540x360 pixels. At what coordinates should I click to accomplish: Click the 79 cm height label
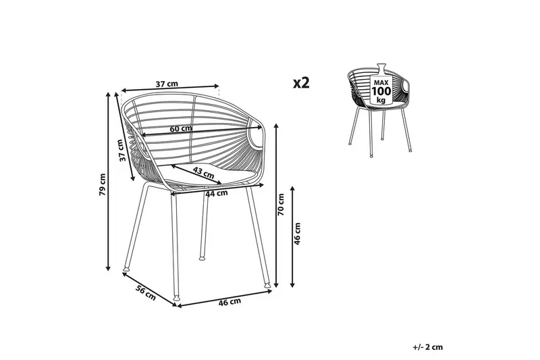coord(102,184)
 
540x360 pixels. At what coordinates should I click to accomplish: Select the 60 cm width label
coord(180,128)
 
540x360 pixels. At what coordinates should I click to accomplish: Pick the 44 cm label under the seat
coord(215,195)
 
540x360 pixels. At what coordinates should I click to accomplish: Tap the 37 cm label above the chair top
coord(167,84)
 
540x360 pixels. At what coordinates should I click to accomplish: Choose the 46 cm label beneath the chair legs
coord(231,302)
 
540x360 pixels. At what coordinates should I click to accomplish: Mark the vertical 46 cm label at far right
coord(298,234)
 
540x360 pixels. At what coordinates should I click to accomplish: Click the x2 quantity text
coord(301,83)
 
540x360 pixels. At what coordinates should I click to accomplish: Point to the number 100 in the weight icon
coord(381,91)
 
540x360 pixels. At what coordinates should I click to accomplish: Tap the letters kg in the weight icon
coord(381,99)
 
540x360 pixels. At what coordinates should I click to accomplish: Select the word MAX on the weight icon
coord(381,82)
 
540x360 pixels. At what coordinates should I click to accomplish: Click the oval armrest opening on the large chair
coord(259,138)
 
